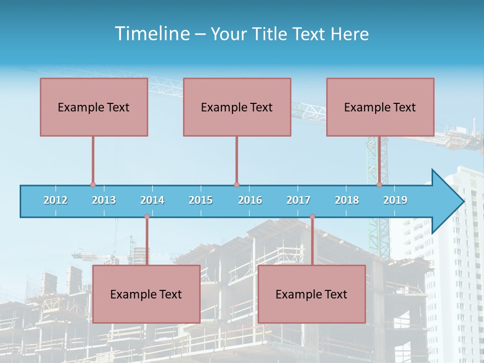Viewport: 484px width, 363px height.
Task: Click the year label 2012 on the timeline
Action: [55, 200]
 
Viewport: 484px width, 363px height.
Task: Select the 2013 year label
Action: [104, 200]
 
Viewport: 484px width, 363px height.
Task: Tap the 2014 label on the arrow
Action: [152, 200]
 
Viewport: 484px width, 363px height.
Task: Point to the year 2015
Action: [201, 200]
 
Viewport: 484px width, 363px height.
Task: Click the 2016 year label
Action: [250, 200]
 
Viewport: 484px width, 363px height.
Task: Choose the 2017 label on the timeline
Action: [298, 200]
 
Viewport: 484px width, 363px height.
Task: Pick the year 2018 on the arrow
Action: [347, 200]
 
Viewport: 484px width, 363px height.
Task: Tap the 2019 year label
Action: [395, 200]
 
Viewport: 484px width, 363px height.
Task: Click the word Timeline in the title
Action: [151, 34]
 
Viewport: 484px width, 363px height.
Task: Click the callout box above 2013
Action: [94, 107]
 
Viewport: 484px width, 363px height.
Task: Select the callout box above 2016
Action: [237, 107]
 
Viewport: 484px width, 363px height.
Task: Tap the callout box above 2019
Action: [380, 107]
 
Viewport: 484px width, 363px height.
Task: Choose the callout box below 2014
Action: [146, 294]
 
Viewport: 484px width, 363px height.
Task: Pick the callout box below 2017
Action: [312, 294]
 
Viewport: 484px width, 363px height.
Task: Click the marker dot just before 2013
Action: [93, 185]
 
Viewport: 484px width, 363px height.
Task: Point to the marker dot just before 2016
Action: [236, 185]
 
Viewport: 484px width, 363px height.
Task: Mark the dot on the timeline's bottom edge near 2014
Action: [147, 217]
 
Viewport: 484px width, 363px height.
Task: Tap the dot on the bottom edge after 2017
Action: [312, 217]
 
